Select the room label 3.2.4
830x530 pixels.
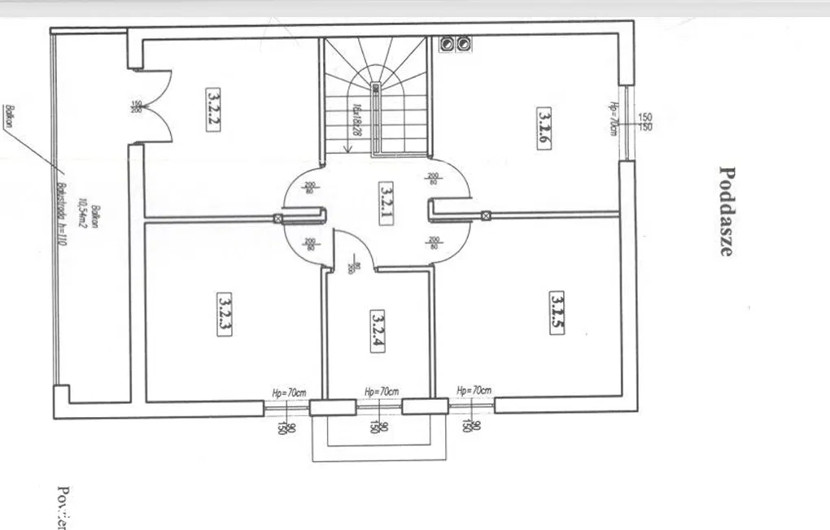click(x=378, y=331)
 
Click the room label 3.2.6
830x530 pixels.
click(x=542, y=125)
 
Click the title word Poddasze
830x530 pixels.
click(x=727, y=211)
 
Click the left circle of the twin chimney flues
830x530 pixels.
click(x=448, y=43)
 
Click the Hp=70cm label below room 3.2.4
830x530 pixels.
click(x=382, y=392)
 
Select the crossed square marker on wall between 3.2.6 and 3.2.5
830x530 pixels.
click(x=486, y=215)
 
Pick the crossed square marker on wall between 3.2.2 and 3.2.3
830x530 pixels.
click(x=277, y=218)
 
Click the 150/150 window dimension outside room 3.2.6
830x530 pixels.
click(x=645, y=122)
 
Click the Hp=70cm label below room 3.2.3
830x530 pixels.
click(x=289, y=393)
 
